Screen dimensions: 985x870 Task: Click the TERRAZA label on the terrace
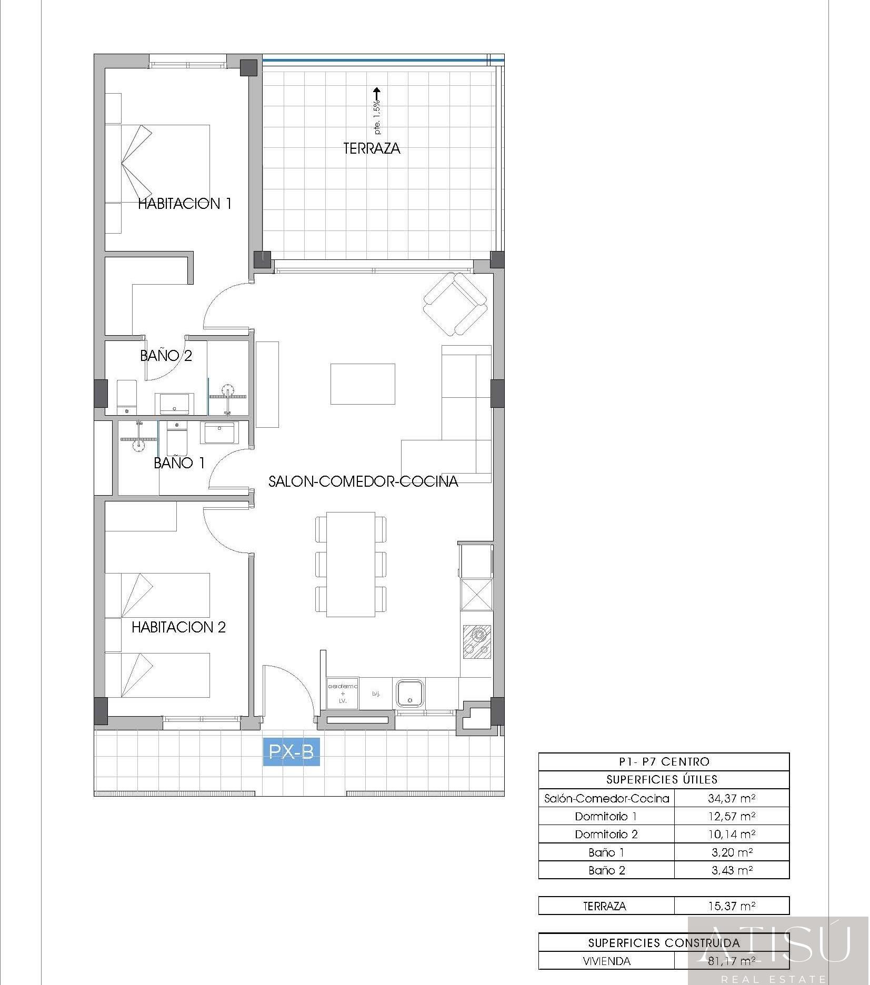coord(372,148)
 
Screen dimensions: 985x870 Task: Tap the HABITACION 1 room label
coord(184,204)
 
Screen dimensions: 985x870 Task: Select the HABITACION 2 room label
coord(178,627)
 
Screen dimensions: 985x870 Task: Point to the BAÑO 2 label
coord(166,356)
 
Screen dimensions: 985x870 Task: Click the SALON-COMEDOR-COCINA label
coord(363,481)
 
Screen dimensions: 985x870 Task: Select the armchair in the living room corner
coord(455,304)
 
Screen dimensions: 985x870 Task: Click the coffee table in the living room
coord(363,384)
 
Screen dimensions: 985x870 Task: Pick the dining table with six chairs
coord(351,564)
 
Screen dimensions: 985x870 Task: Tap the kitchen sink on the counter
coord(409,693)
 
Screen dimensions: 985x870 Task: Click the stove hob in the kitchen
coord(477,641)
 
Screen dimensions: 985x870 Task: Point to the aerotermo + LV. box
coord(343,693)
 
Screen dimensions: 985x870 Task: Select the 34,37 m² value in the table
coord(732,798)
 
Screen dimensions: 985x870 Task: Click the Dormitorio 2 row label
coord(606,834)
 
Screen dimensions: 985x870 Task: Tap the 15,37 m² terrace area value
coord(732,906)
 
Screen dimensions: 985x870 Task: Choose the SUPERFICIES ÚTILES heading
coord(662,779)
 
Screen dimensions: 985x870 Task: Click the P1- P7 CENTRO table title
coord(664,761)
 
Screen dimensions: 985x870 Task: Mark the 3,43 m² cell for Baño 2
coord(732,870)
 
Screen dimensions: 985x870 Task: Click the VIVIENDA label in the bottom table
coord(606,961)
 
